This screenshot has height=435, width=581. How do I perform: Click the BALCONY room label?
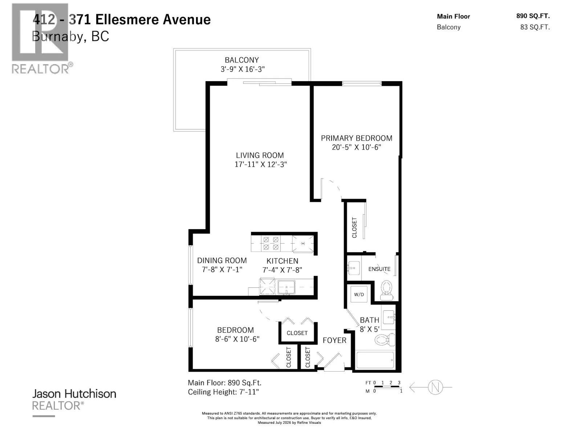242,60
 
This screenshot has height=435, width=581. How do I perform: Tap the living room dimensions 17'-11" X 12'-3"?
261,164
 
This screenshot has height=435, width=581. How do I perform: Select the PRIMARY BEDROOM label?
357,138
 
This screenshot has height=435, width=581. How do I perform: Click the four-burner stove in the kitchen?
271,243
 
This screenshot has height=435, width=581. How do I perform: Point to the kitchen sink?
287,287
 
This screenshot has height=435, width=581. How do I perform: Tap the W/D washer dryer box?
359,294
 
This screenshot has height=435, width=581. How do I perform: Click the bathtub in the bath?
375,360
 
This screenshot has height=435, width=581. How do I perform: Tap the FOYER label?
334,340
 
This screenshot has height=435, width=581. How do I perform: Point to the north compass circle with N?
435,387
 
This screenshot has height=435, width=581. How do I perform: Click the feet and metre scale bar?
387,387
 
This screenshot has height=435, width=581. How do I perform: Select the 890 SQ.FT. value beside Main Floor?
533,16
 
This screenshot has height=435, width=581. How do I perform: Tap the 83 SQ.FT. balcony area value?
535,27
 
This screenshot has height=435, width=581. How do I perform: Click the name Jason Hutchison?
74,394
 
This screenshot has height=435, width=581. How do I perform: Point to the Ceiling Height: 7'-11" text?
223,392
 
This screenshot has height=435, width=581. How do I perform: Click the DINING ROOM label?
222,260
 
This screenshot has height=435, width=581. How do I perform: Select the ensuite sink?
353,268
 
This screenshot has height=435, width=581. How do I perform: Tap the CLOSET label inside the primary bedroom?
354,228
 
